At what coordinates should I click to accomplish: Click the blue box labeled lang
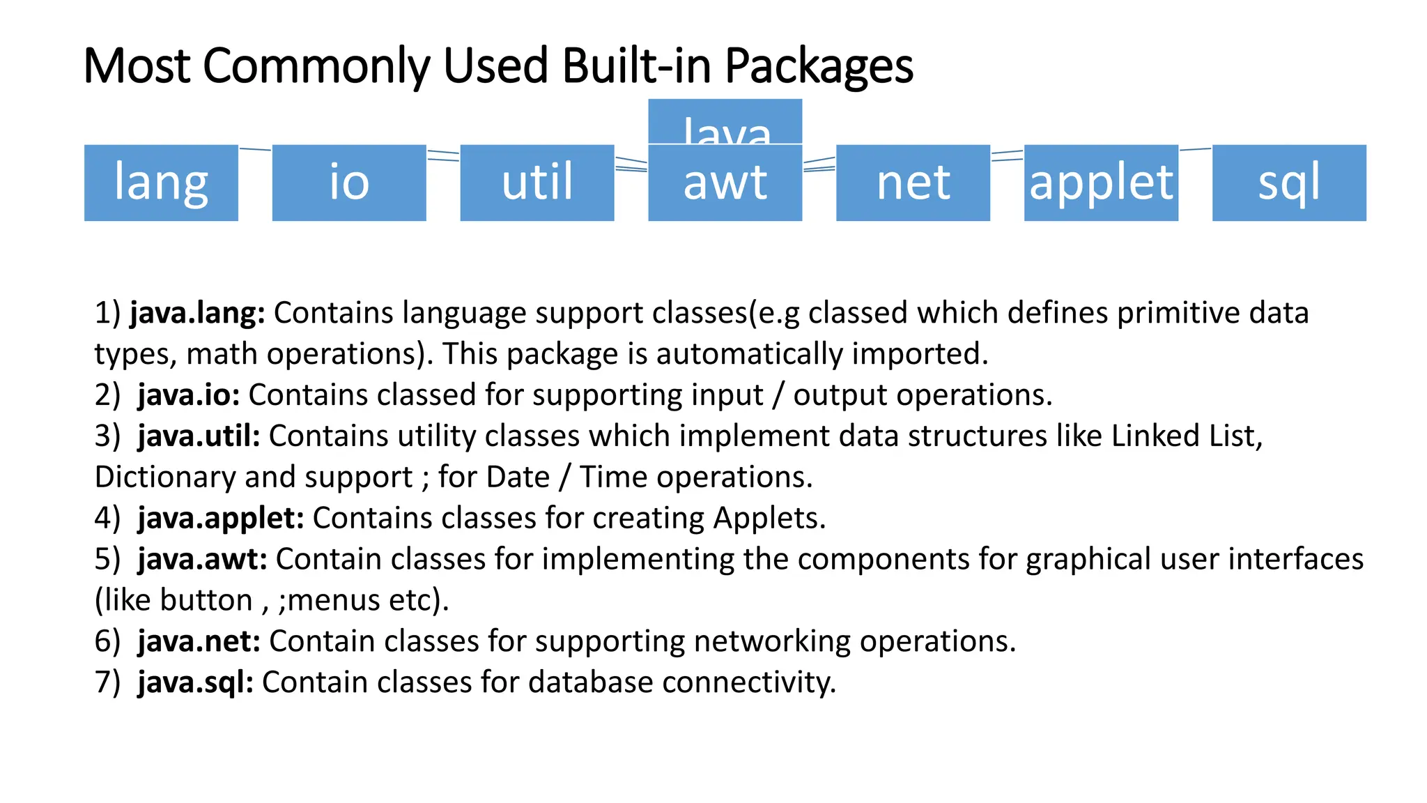tap(161, 183)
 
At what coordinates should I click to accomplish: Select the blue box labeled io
tap(349, 183)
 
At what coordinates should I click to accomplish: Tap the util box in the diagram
tap(537, 183)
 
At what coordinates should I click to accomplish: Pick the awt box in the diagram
tap(725, 183)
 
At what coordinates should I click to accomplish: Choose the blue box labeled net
tap(913, 183)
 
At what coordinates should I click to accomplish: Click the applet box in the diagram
tap(1101, 183)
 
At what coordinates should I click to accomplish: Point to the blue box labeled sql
tap(1289, 183)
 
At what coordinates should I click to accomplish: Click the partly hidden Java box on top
tap(725, 122)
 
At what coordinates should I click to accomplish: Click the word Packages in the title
tap(819, 67)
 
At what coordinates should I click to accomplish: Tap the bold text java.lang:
tap(197, 313)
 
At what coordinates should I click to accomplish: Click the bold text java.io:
tap(189, 395)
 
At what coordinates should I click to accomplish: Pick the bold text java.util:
tap(199, 436)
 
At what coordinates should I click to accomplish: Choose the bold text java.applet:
tap(221, 518)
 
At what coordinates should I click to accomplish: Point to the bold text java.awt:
tap(202, 559)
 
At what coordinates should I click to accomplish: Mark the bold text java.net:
tap(199, 641)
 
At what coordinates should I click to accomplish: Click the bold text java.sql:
tap(196, 682)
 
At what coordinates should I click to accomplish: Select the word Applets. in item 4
tap(769, 518)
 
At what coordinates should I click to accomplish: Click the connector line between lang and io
tap(255, 149)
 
